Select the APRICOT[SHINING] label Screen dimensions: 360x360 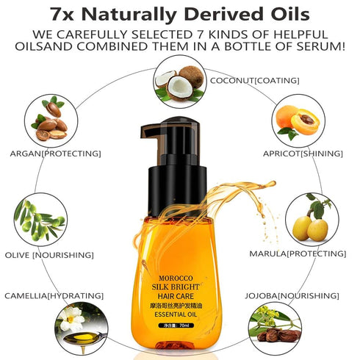point(303,154)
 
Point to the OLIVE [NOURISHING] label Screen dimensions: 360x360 point(48,255)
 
